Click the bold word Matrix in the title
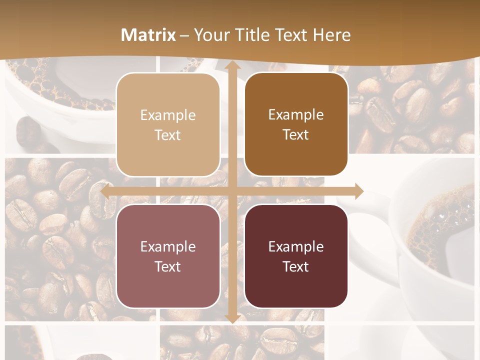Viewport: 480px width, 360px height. [x=148, y=35]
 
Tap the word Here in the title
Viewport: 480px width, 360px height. [x=331, y=35]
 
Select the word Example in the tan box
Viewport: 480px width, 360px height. [x=168, y=115]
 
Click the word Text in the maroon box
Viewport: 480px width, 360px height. [x=296, y=266]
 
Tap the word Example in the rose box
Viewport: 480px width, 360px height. [x=168, y=246]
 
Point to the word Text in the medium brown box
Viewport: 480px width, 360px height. [x=296, y=134]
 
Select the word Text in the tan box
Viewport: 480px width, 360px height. [x=168, y=135]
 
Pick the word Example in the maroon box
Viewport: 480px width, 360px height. [x=296, y=246]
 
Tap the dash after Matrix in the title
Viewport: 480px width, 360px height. [x=184, y=35]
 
